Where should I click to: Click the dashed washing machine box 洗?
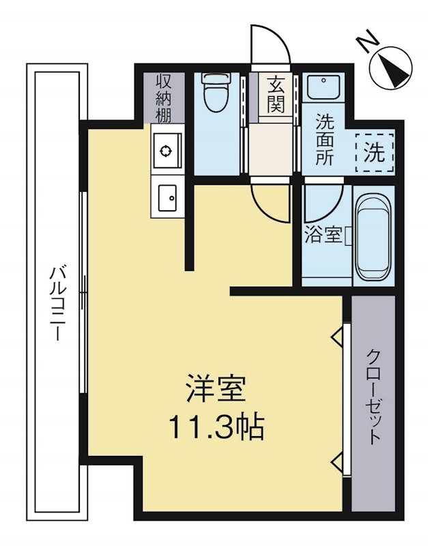(374, 152)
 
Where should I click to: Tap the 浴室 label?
(323, 235)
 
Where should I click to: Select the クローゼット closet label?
(373, 396)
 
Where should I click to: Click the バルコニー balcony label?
(57, 304)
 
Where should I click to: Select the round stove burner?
(166, 149)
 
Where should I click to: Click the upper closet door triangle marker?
(337, 336)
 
